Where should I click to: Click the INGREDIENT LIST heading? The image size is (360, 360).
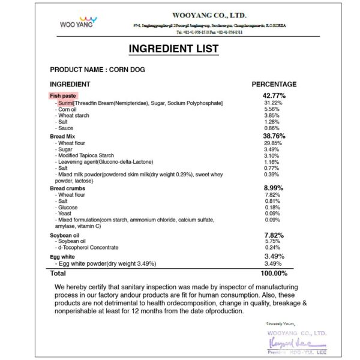pos(179,49)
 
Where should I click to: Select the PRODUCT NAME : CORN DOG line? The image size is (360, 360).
pos(97,70)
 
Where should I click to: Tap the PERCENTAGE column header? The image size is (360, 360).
pos(274,85)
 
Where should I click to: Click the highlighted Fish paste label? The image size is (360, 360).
pos(64,95)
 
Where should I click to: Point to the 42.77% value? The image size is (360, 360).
pos(274,95)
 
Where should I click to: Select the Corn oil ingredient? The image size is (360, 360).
pos(67,110)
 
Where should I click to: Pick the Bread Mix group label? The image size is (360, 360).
pos(62,137)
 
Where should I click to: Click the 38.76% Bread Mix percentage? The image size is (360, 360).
pos(274,136)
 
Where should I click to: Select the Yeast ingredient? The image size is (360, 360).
pos(65,214)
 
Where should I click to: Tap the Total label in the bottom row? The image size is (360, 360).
pos(58,273)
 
